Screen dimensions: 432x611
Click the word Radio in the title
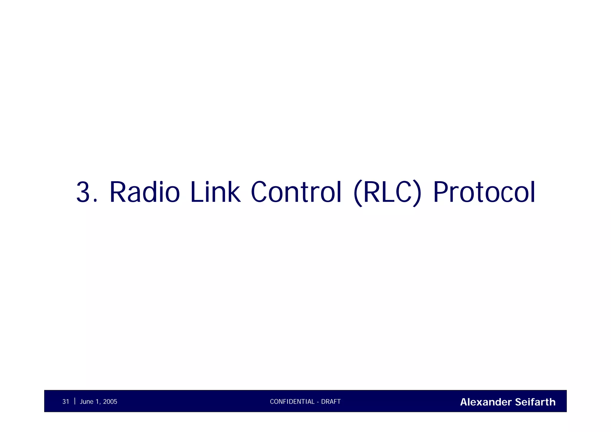point(145,192)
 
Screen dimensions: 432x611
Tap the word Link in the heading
point(215,192)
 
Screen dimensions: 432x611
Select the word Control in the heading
point(296,192)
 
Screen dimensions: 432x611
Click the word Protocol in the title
point(484,192)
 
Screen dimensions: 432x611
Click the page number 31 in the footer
point(66,402)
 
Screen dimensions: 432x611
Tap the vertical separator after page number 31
point(75,401)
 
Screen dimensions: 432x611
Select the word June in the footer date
point(87,402)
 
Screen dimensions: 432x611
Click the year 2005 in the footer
point(110,402)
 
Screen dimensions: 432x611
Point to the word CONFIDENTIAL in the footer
point(292,402)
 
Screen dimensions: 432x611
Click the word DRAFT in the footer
point(331,402)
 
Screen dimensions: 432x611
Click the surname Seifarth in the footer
point(535,402)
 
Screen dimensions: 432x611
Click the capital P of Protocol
point(441,192)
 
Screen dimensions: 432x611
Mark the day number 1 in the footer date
point(98,402)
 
